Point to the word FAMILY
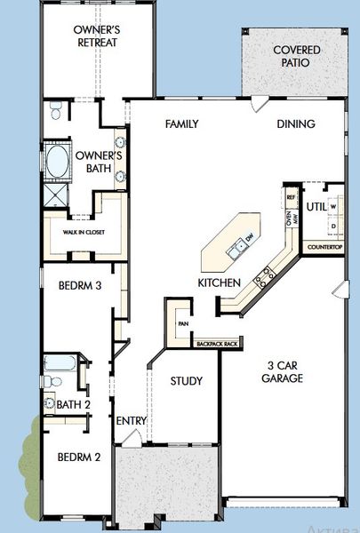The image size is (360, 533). [181, 124]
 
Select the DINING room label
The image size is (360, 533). [296, 124]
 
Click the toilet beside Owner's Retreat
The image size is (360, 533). [56, 111]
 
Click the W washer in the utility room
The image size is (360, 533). [333, 207]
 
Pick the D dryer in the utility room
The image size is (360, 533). [333, 227]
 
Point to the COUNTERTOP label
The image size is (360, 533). [324, 246]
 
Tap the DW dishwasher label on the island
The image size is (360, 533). [250, 239]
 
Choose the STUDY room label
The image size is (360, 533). [186, 382]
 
